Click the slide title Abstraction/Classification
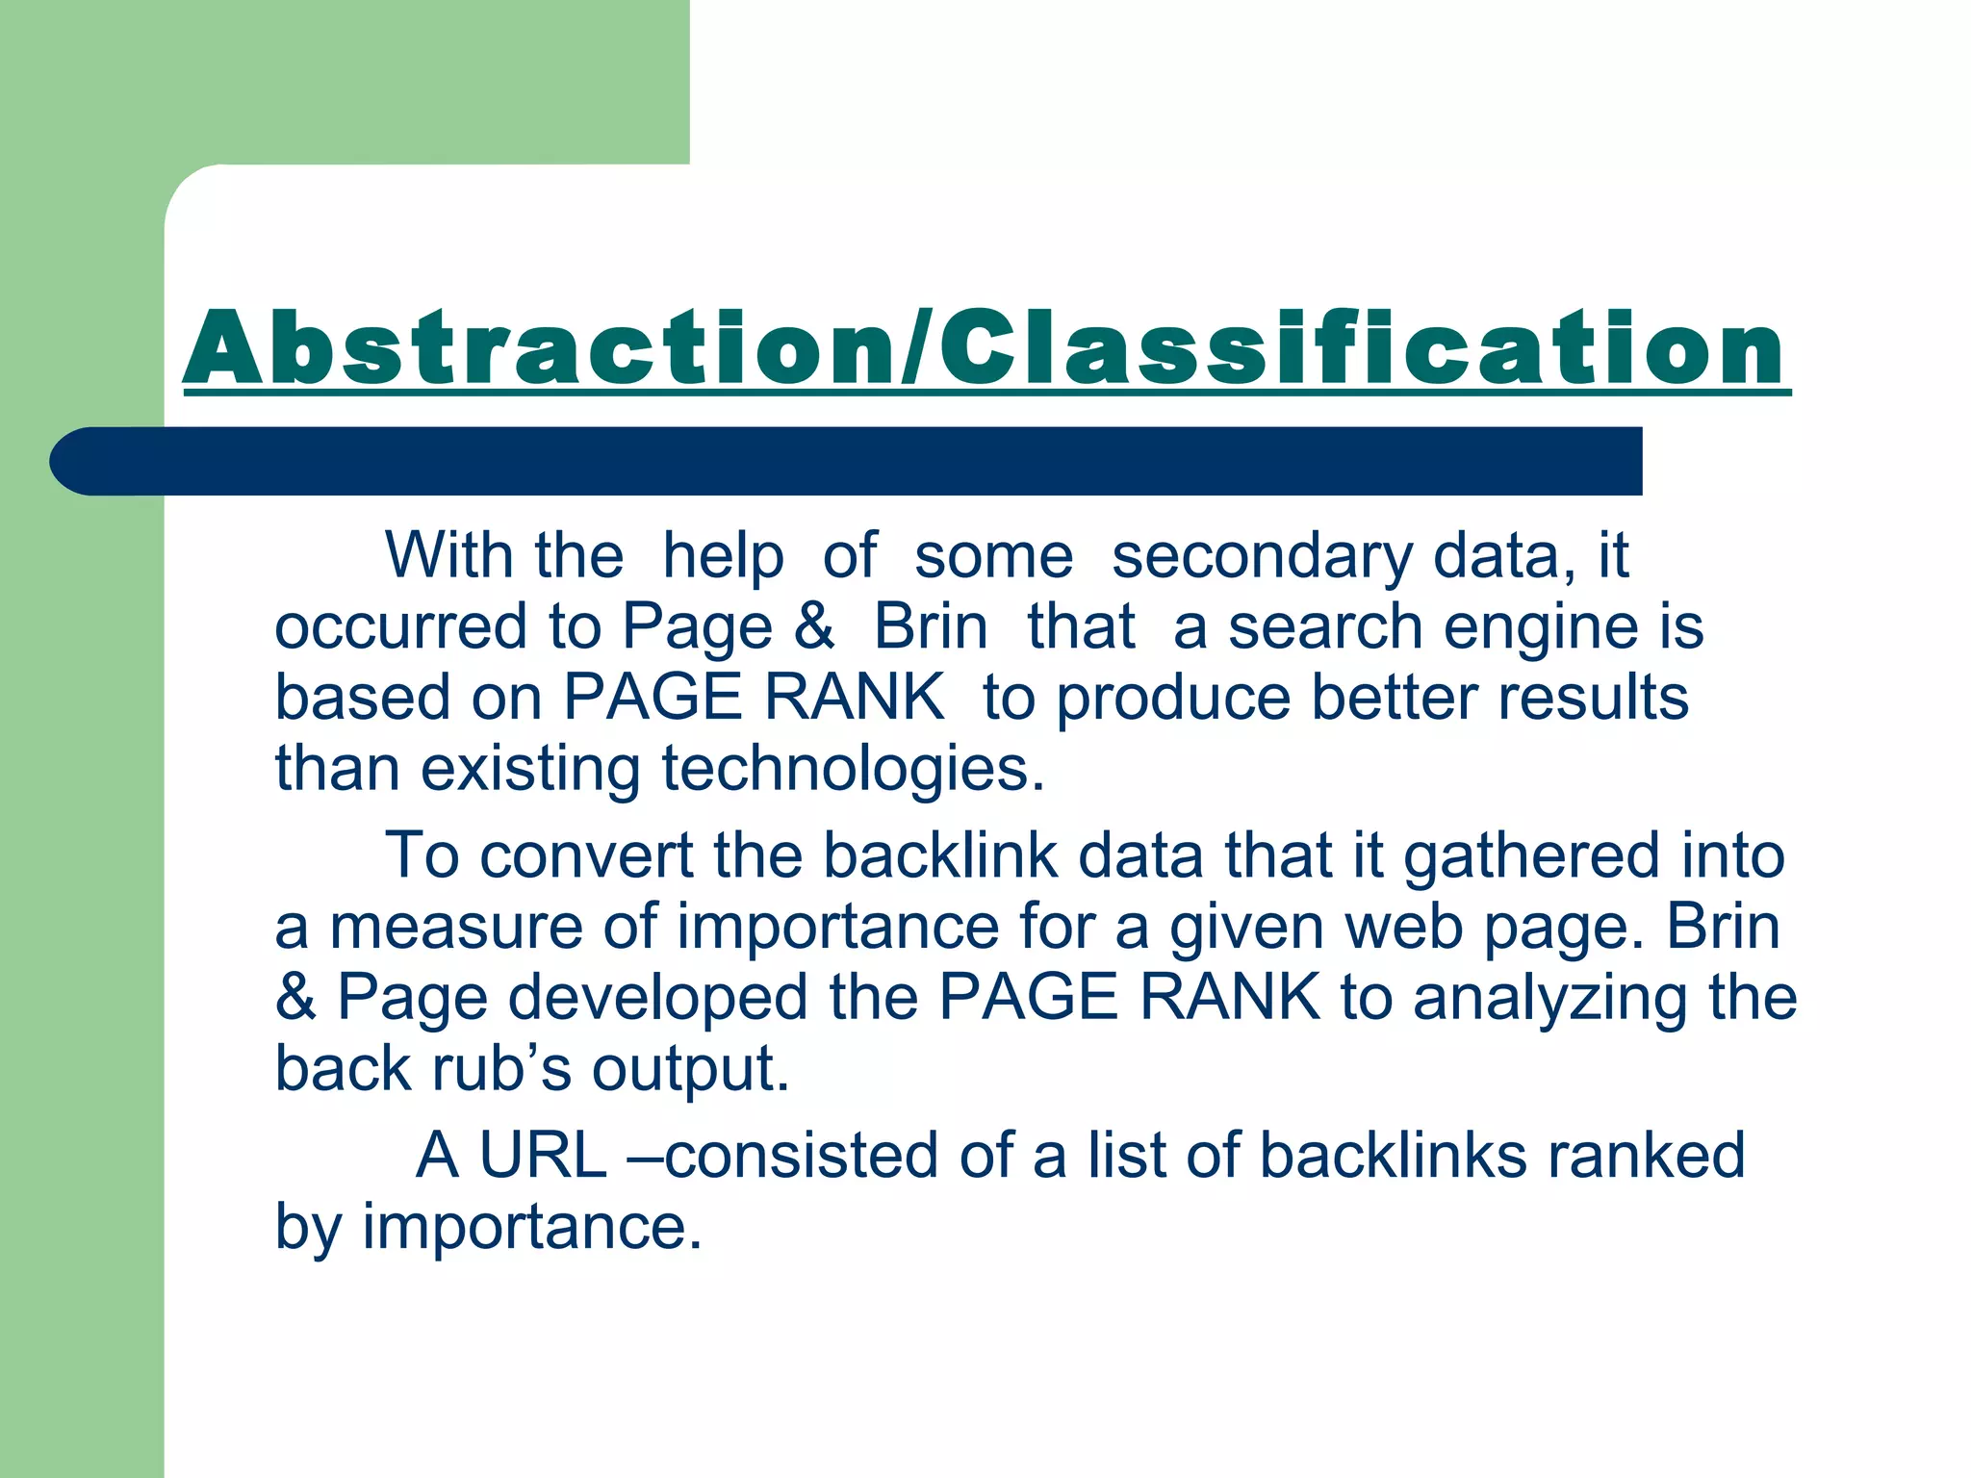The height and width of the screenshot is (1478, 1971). pos(985,348)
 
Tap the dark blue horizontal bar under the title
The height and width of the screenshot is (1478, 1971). pos(847,461)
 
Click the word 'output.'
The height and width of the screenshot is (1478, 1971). pos(690,1069)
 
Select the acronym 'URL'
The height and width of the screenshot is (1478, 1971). pos(543,1155)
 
